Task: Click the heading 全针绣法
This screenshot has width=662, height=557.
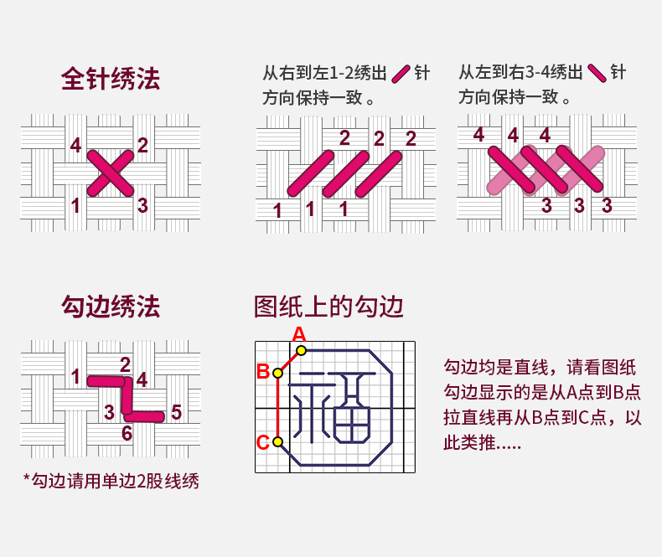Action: coord(110,79)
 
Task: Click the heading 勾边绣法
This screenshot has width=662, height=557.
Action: coord(110,306)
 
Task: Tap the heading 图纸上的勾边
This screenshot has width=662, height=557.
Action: coord(328,307)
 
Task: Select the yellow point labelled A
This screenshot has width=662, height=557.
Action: coord(301,350)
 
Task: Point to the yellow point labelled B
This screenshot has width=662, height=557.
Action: coord(277,372)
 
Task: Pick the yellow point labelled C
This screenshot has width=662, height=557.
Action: coord(277,441)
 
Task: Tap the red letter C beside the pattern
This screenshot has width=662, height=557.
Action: coord(262,442)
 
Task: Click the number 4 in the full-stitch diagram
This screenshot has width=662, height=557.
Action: coord(75,146)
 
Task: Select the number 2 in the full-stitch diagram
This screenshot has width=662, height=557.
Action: coord(142,146)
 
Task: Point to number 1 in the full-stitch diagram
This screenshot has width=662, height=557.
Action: coord(75,204)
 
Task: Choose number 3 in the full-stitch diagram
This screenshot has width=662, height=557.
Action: coord(142,204)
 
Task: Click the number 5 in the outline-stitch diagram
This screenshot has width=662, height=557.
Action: coord(176,412)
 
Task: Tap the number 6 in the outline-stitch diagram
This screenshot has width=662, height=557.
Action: coord(127,433)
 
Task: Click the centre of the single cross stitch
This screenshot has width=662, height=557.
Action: coord(110,173)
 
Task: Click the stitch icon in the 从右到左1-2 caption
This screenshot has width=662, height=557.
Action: coord(401,74)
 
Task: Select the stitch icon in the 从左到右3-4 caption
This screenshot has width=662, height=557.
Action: coord(597,74)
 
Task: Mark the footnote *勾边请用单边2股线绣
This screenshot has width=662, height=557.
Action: coord(111,481)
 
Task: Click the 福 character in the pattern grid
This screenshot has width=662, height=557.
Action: coord(333,407)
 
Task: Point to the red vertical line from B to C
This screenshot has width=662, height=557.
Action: coord(277,407)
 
